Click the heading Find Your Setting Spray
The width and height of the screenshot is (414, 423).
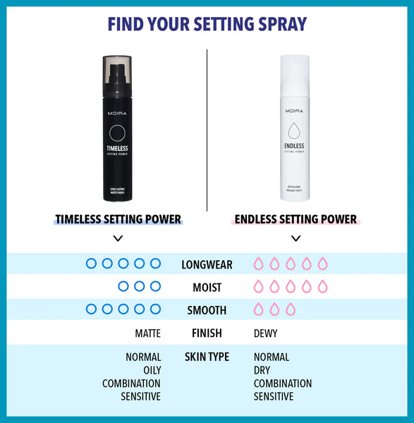coord(207,23)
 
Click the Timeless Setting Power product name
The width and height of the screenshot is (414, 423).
coord(118,219)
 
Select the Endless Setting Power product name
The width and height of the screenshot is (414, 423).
coord(296,219)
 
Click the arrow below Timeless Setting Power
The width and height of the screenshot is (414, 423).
coord(118,238)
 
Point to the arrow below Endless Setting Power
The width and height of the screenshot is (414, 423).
coord(296,238)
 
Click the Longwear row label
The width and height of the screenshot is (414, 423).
coord(207,265)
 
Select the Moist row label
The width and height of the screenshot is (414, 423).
coord(207,288)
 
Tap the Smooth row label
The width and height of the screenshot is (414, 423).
coord(207,310)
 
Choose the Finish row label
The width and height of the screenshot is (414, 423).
coord(207,333)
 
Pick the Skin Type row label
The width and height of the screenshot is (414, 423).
coord(207,357)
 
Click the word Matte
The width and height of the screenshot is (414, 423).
coord(147,333)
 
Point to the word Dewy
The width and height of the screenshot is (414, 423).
coord(266,333)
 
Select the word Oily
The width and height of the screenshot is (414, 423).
coord(152,370)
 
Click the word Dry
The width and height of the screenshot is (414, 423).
coord(262,370)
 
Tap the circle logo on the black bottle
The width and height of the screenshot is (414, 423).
coord(116,133)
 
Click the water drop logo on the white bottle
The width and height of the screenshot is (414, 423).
coord(295,131)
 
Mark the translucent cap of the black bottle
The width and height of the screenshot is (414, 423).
coord(116,68)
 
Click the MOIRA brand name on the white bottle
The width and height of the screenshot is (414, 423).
coord(295,111)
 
